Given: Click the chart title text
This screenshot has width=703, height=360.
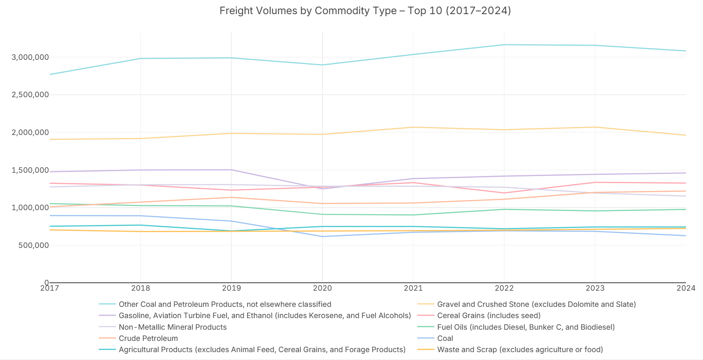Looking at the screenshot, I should click(365, 11).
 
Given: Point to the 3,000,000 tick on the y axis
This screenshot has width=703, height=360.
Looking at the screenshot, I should click(30, 57).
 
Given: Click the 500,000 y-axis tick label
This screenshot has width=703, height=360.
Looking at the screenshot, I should click(34, 245).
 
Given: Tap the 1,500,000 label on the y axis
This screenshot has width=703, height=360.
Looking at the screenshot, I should click(30, 170).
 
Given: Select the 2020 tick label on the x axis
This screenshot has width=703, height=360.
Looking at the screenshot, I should click(322, 288).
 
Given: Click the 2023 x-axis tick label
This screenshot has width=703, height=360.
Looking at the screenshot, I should click(595, 288).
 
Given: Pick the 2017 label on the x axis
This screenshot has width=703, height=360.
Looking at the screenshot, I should click(49, 288).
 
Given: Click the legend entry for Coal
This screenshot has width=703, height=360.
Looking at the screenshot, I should click(445, 338).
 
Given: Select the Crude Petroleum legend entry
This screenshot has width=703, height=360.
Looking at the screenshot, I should click(148, 338).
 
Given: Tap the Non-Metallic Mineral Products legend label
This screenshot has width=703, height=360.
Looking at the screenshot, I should click(172, 327).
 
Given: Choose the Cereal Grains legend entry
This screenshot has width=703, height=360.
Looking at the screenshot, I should click(489, 316).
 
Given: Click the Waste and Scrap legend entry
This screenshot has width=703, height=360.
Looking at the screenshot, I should click(520, 350).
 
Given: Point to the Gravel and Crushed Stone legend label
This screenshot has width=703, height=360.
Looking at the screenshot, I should click(536, 304).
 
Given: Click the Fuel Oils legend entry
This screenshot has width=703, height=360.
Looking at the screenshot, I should click(526, 327).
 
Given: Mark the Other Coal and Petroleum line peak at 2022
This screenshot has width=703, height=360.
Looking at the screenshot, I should click(504, 45).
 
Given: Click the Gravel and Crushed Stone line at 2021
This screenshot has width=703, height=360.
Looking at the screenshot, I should click(413, 127).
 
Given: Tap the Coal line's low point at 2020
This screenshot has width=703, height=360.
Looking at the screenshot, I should click(322, 237).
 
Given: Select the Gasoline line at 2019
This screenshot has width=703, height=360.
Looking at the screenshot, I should click(231, 170).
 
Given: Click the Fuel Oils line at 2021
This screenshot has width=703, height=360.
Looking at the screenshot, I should click(413, 215).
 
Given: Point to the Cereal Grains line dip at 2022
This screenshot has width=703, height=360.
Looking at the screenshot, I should click(504, 193).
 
